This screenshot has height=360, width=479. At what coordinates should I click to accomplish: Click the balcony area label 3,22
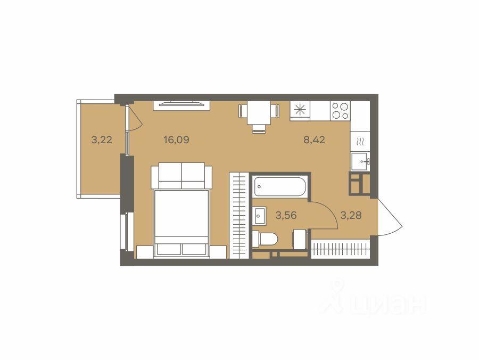(102, 140)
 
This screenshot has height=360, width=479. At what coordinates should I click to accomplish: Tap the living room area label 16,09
(176, 140)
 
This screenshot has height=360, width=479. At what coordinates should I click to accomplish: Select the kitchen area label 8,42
(314, 140)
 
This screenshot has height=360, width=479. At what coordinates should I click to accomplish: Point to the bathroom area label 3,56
(286, 216)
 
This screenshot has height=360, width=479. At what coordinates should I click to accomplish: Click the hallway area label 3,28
(351, 216)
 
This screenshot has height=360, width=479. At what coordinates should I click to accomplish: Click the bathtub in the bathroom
(279, 186)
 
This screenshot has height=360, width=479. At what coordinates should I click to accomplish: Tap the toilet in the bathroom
(265, 239)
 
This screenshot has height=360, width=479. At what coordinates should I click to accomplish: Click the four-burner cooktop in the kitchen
(340, 111)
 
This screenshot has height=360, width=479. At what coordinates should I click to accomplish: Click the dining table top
(259, 113)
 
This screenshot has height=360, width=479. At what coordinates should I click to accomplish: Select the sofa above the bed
(181, 176)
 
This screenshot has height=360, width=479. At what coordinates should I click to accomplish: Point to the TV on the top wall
(181, 104)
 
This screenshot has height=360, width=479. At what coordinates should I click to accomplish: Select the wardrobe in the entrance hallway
(340, 249)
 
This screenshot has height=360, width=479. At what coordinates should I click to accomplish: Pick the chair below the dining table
(259, 129)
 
